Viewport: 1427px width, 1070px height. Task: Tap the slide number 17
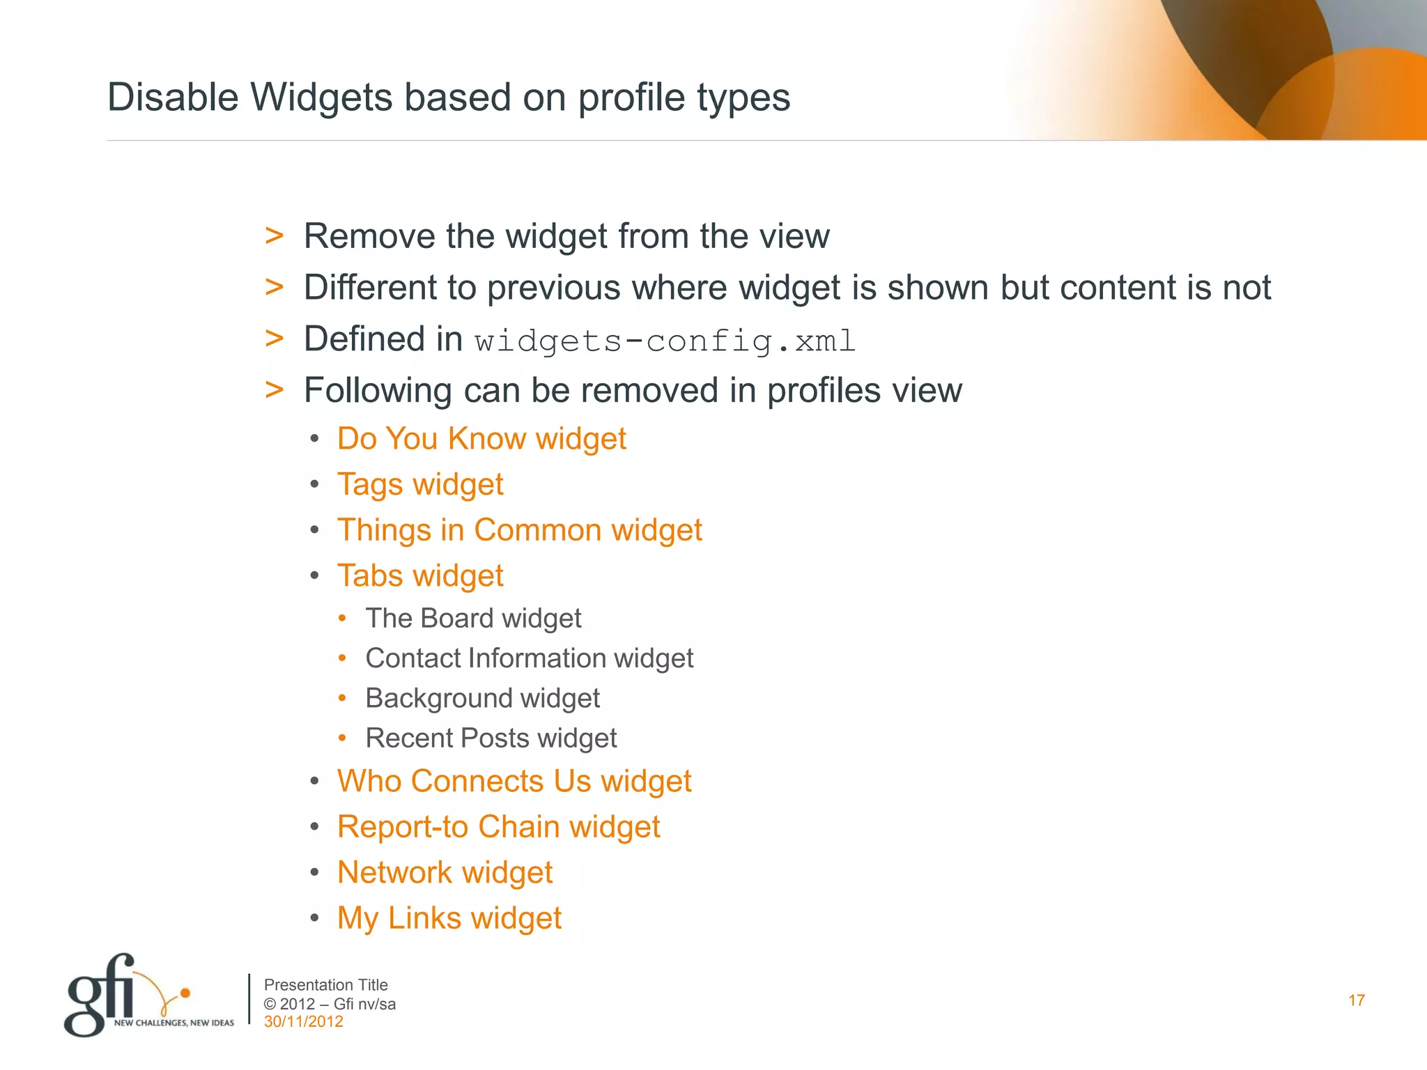click(x=1356, y=1001)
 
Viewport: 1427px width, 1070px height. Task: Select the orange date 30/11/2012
click(x=303, y=1022)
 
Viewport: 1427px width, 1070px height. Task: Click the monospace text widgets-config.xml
click(x=665, y=341)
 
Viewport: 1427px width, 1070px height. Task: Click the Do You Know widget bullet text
click(x=481, y=439)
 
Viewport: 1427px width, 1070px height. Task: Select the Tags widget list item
click(x=420, y=485)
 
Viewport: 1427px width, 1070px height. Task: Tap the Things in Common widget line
click(x=519, y=530)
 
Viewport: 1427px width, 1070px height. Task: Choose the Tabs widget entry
click(x=420, y=576)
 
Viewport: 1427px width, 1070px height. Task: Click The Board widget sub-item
click(x=473, y=619)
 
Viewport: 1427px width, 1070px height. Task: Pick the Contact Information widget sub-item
click(x=529, y=658)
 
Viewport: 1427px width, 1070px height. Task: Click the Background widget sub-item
click(x=482, y=698)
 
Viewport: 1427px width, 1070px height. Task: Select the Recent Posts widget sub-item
click(x=491, y=738)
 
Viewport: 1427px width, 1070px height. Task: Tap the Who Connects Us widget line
click(x=514, y=782)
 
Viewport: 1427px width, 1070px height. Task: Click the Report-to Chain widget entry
click(x=498, y=827)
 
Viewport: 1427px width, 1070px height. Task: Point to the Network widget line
click(x=445, y=873)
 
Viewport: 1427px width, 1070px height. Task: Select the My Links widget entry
click(x=449, y=918)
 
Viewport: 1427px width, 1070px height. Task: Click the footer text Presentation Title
click(x=325, y=985)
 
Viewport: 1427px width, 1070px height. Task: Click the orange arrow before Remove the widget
click(x=275, y=236)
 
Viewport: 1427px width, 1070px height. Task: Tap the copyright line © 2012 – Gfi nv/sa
click(x=330, y=1004)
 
